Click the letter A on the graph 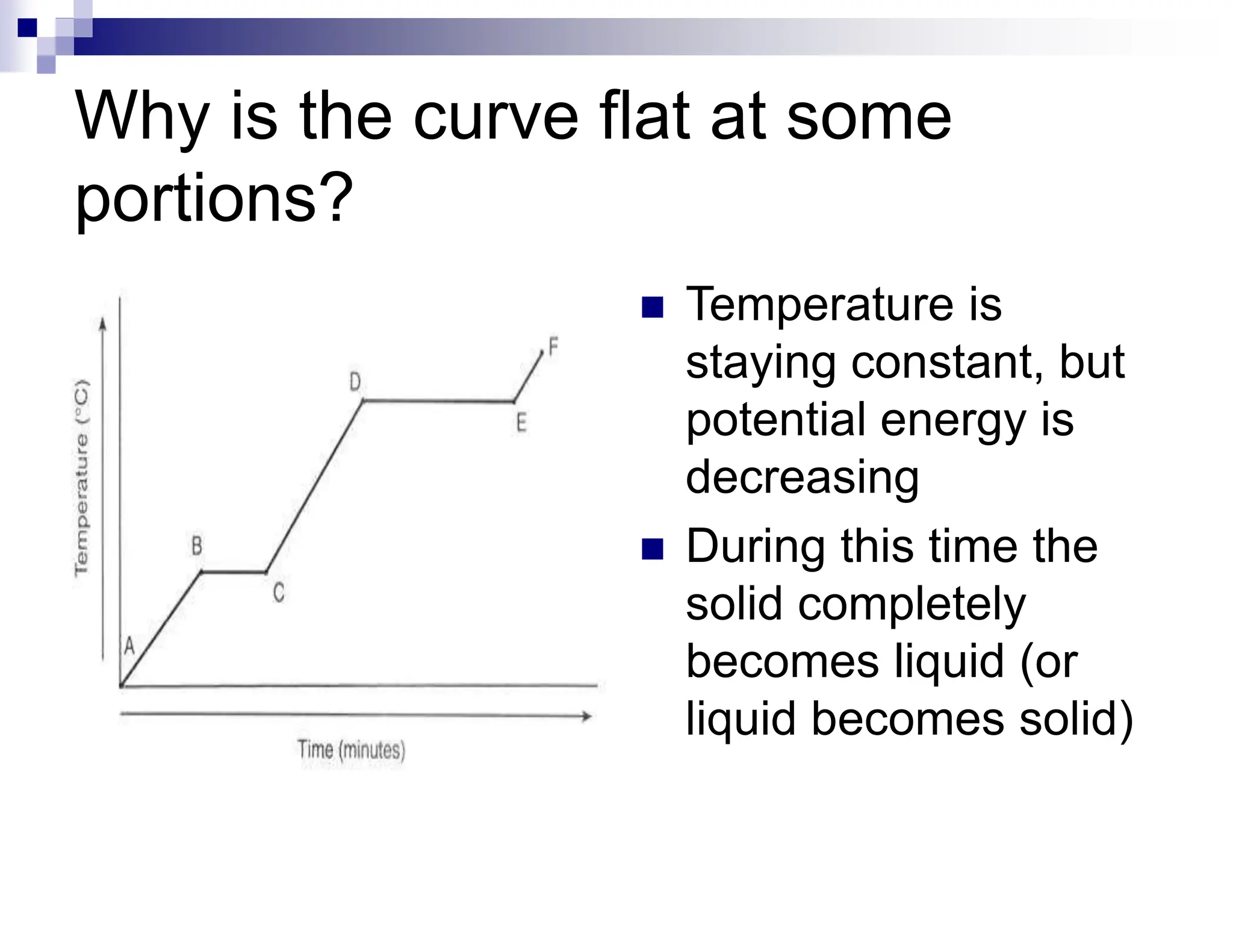(x=129, y=646)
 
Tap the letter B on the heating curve (x=197, y=546)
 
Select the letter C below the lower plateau (x=278, y=593)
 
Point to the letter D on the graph (x=355, y=382)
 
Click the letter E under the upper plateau (x=521, y=423)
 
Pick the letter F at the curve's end (x=553, y=346)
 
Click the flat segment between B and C (x=234, y=572)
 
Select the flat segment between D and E (x=438, y=400)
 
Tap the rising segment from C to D (x=314, y=487)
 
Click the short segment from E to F (x=529, y=376)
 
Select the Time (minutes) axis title (x=352, y=750)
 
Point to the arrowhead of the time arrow (x=586, y=716)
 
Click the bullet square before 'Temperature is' (x=653, y=307)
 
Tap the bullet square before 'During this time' (x=653, y=549)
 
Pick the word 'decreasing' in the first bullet (x=802, y=478)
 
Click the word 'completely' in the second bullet (x=912, y=604)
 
